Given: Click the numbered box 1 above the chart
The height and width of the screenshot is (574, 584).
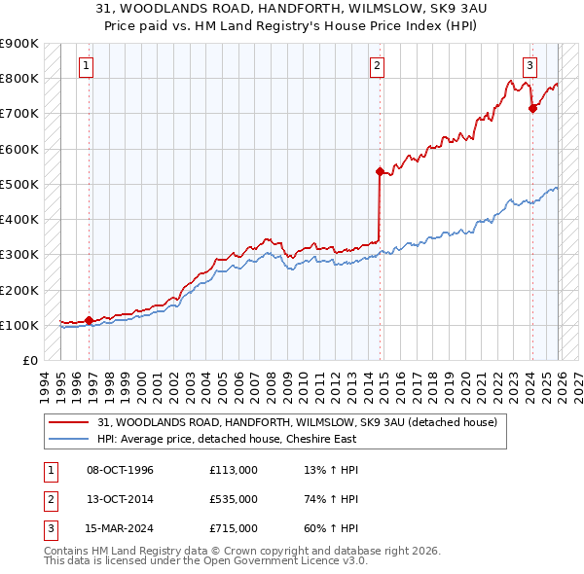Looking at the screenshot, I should tap(87, 66).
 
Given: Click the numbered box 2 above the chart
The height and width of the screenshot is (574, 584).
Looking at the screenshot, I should tap(377, 66).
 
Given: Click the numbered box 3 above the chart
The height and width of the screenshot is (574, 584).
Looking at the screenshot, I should tap(529, 66).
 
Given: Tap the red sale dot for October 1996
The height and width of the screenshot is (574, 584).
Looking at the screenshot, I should tap(89, 320).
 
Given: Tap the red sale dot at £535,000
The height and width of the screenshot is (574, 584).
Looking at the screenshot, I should tap(380, 171).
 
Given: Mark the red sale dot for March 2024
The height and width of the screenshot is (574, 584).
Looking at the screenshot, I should tap(532, 108).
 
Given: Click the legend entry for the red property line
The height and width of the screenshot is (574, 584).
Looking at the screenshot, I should tap(298, 422).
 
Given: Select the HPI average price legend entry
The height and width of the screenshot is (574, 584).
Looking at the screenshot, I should tap(227, 439).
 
